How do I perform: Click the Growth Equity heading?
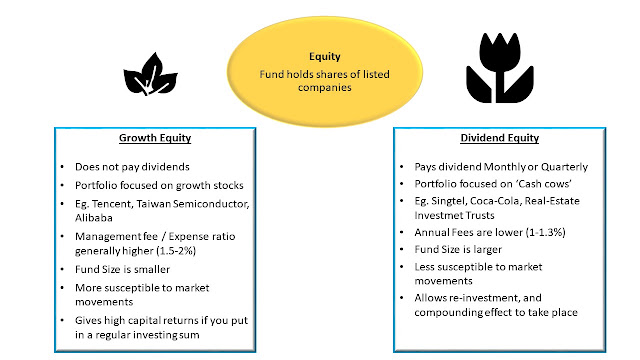(155, 138)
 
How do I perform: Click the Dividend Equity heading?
(500, 138)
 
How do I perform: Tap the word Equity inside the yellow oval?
(325, 56)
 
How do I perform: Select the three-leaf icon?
(151, 74)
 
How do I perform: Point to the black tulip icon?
(500, 68)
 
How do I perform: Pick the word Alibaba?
(94, 218)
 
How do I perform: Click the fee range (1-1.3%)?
(546, 232)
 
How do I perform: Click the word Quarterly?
(564, 167)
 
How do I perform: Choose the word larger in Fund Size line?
(488, 249)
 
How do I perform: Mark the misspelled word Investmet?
(435, 215)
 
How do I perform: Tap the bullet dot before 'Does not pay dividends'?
(62, 167)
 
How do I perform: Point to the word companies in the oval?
(324, 87)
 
